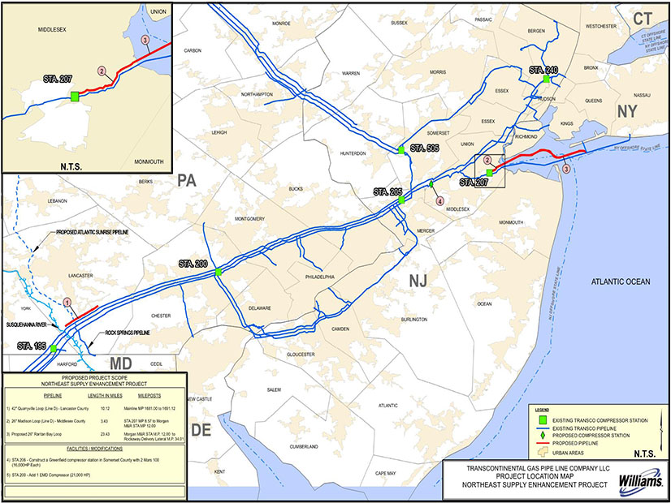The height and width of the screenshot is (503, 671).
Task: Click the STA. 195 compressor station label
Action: click(33, 346)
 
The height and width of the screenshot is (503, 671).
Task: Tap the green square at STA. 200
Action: click(219, 273)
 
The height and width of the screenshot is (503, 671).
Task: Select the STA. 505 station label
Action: click(424, 148)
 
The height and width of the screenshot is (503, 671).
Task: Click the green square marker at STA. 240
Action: click(548, 80)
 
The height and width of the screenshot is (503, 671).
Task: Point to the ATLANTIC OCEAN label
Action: click(621, 282)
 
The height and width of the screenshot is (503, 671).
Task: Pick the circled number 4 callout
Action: click(439, 200)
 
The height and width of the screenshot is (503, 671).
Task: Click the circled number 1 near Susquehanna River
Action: click(68, 302)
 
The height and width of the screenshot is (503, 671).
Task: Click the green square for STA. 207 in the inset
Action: click(75, 97)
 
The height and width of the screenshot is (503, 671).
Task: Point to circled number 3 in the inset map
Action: click(145, 40)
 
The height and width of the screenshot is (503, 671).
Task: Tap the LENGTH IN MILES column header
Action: click(96, 392)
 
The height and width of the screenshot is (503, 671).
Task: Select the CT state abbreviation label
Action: click(643, 18)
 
